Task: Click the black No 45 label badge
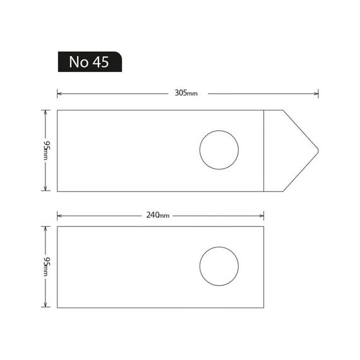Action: click(90, 62)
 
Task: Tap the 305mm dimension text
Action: click(186, 93)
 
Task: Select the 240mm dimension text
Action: click(158, 215)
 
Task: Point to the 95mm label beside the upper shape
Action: click(46, 150)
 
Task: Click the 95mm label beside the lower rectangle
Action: click(46, 267)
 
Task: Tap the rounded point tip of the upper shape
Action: click(318, 151)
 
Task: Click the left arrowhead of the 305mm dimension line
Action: click(59, 93)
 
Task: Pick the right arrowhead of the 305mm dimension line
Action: click(316, 93)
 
